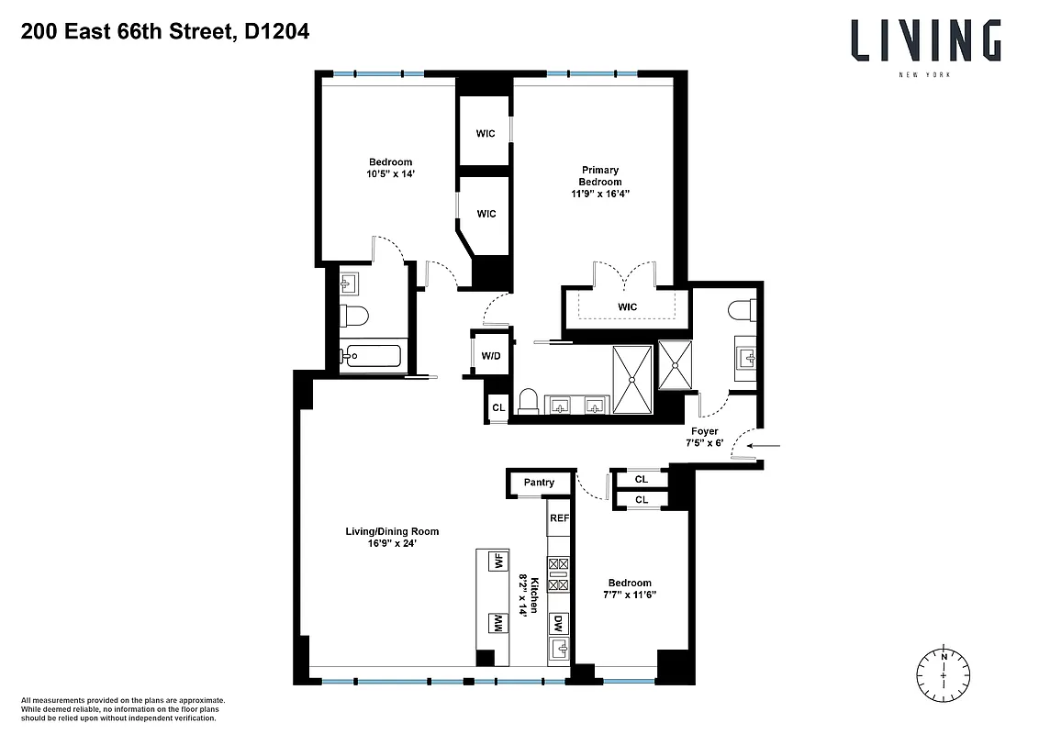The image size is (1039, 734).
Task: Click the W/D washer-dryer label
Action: point(486,354)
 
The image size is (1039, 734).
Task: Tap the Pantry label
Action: point(539,483)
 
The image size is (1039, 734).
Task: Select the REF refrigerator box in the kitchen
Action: point(559,518)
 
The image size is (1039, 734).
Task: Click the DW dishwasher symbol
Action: point(558,624)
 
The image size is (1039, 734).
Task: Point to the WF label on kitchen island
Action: point(498,562)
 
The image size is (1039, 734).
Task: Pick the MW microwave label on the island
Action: point(498,623)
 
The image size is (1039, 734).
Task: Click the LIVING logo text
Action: point(924,40)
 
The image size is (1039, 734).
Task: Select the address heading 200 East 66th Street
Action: point(163,33)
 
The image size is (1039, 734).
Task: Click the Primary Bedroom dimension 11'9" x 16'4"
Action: point(600,194)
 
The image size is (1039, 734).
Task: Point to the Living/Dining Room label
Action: point(391,531)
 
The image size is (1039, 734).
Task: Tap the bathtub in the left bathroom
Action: point(372,355)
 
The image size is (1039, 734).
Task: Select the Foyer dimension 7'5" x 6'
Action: point(705,443)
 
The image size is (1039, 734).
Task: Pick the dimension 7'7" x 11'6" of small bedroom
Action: point(630,595)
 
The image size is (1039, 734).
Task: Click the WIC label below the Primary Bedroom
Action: point(628,306)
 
